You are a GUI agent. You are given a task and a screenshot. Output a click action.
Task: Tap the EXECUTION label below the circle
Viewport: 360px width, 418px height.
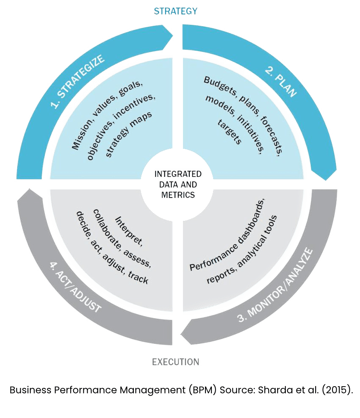(175, 362)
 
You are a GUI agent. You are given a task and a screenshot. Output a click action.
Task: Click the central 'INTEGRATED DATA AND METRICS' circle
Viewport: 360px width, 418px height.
(177, 184)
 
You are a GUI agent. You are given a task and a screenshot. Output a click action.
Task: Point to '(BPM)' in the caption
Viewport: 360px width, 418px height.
(204, 389)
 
